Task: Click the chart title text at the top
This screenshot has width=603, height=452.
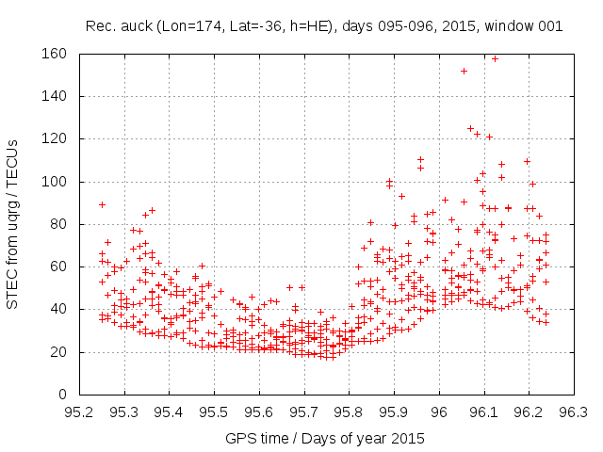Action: point(324,26)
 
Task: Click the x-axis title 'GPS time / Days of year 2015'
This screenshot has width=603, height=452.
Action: point(324,438)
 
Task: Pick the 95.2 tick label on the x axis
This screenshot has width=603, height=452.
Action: point(79,412)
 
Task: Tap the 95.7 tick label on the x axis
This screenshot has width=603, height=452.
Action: point(304,412)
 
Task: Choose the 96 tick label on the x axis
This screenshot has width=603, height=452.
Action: point(439,412)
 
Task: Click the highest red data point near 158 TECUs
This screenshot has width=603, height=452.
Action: point(495,58)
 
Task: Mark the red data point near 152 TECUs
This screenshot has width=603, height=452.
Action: point(464,71)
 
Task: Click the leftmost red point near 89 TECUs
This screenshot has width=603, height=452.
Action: point(102,204)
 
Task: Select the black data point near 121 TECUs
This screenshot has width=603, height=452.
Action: point(489,137)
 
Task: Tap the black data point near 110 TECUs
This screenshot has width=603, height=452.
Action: point(527,161)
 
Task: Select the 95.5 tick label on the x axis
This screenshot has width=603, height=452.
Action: point(214,412)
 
